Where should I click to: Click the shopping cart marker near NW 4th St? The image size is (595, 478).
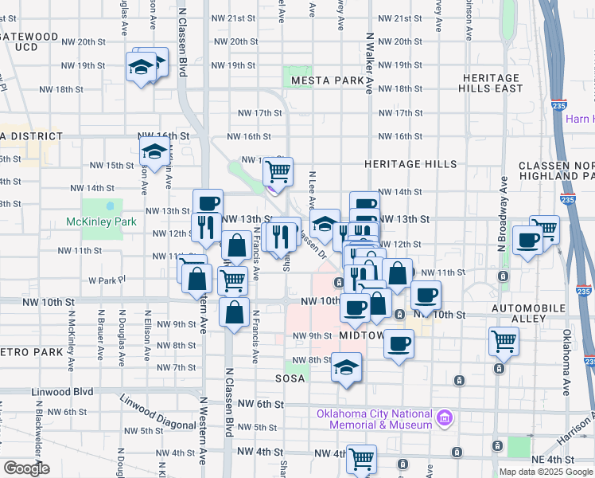(x=361, y=458)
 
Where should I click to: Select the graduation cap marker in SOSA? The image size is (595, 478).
(x=346, y=368)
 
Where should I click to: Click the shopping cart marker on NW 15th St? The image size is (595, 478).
(x=278, y=170)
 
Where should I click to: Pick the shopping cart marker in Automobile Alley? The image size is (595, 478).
(x=504, y=341)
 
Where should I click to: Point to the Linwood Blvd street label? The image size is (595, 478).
(x=63, y=392)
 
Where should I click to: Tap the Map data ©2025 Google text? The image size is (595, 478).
(x=545, y=472)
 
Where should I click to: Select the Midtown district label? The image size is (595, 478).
(x=362, y=335)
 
